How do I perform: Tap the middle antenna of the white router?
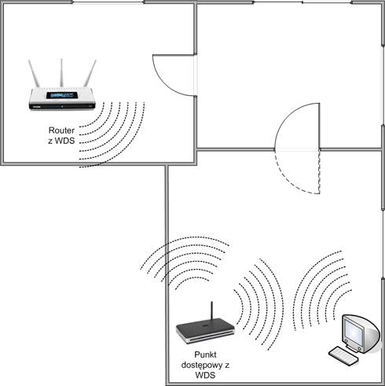[61, 73]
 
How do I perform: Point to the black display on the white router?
[62, 95]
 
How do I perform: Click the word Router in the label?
[61, 131]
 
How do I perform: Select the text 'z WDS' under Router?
[61, 141]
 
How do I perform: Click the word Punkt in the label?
[205, 355]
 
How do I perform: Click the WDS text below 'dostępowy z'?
[205, 375]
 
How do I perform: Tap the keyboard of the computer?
[343, 356]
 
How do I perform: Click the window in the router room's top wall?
[108, 2]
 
